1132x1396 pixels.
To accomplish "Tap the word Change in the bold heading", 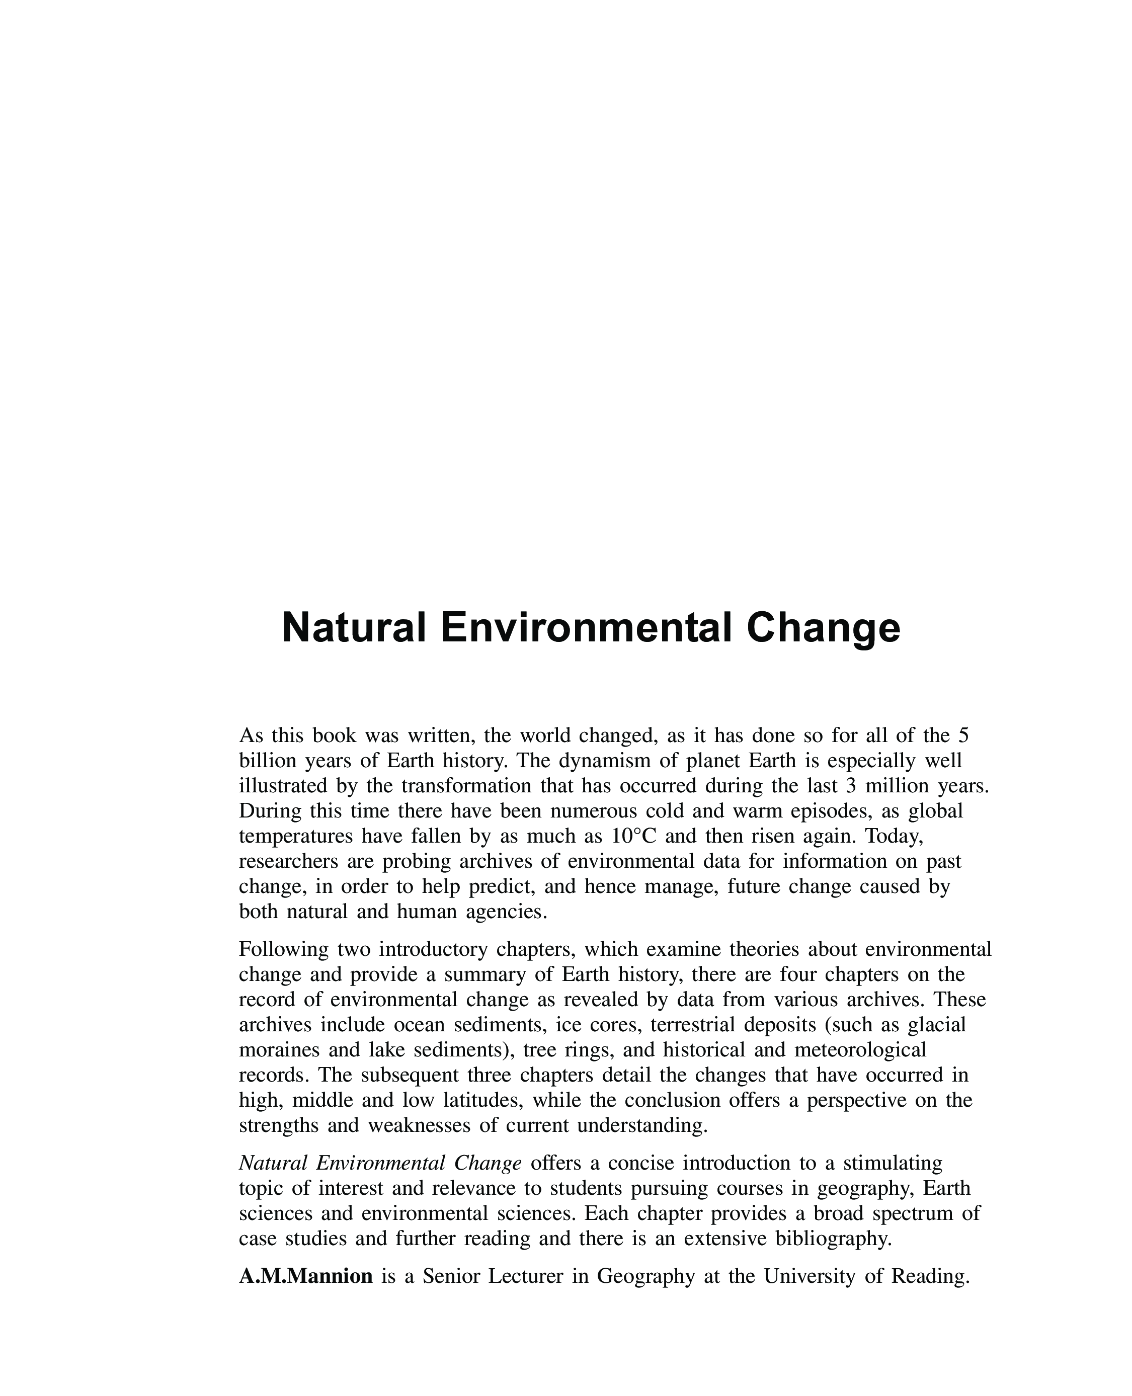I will click(x=824, y=628).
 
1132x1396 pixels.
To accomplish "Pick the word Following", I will click(x=284, y=949).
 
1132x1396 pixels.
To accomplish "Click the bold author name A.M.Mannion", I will click(x=306, y=1276).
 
